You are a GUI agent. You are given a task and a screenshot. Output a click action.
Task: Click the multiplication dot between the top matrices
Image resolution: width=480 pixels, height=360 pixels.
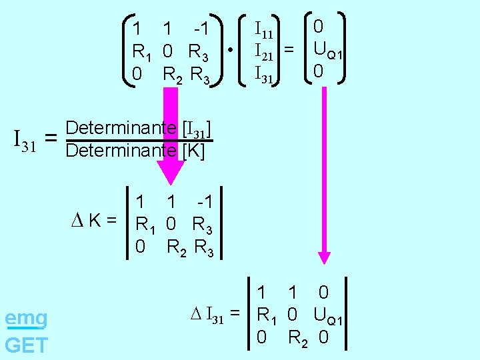pyautogui.click(x=229, y=50)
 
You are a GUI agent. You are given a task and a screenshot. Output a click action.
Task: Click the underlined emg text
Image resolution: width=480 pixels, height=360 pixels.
pyautogui.click(x=25, y=319)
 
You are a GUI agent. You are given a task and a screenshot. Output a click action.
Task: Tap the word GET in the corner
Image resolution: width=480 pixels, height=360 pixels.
pyautogui.click(x=26, y=345)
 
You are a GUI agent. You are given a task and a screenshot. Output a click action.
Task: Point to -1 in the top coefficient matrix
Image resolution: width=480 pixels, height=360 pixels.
pyautogui.click(x=201, y=29)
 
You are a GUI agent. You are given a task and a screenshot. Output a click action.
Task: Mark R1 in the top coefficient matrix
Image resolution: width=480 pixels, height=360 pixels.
pyautogui.click(x=143, y=52)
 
